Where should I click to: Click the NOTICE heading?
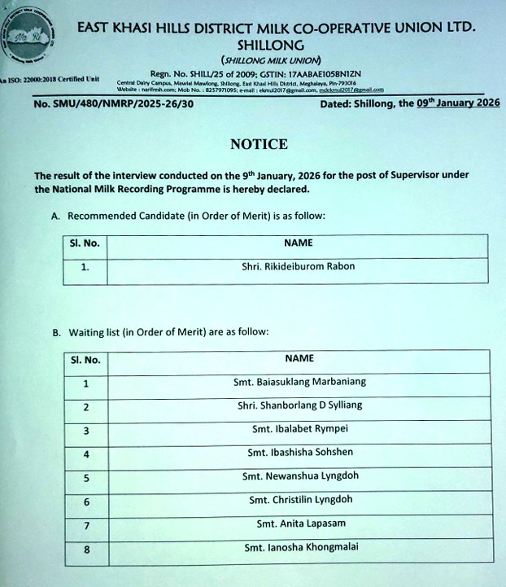(259, 144)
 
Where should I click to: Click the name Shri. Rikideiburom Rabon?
(299, 265)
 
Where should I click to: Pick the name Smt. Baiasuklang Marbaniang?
(299, 381)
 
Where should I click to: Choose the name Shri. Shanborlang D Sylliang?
(299, 405)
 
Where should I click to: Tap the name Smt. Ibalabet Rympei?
(299, 428)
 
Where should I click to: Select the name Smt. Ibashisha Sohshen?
(299, 452)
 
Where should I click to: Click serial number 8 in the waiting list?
(86, 550)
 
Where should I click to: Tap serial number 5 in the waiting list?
(86, 478)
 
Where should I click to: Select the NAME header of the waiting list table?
(299, 357)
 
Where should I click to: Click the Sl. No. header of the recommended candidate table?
(85, 243)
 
